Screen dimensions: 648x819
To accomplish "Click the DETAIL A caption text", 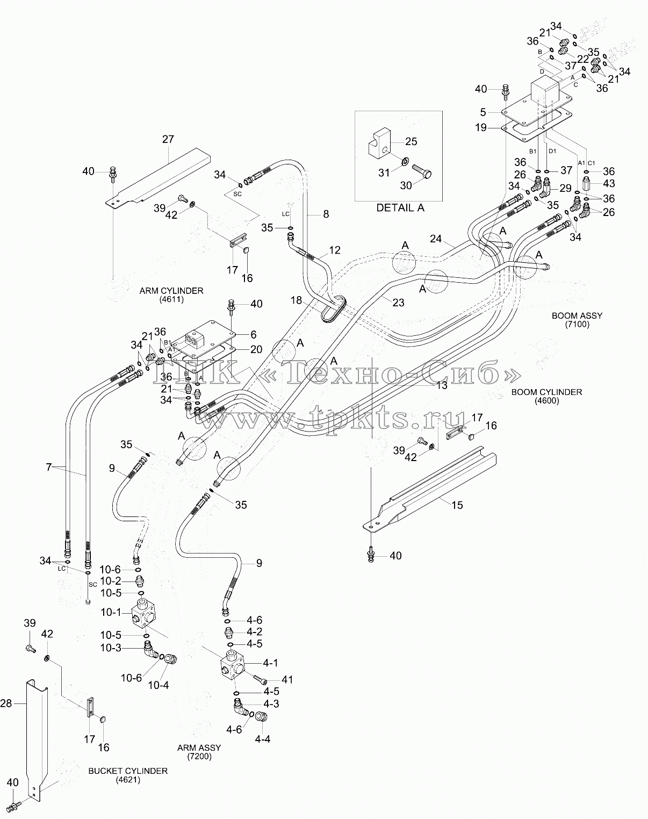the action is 400,208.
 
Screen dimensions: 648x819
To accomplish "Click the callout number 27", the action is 168,139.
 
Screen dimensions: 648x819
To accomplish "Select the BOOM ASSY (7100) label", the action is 577,320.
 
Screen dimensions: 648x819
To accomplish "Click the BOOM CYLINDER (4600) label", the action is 546,396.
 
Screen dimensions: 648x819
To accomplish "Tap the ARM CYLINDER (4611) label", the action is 171,295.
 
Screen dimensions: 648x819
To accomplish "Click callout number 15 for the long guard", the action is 457,505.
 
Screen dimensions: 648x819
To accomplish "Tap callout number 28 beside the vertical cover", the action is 6,703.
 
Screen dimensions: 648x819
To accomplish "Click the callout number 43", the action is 609,183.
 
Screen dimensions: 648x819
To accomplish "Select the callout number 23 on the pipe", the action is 398,303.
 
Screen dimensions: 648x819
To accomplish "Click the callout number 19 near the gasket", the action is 481,127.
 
